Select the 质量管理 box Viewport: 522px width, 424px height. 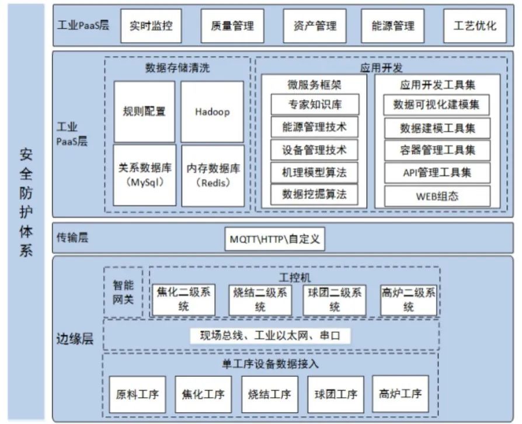coord(232,26)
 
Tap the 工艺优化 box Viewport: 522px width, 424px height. coord(474,26)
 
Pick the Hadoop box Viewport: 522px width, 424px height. coord(212,112)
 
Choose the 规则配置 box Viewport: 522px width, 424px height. coord(144,112)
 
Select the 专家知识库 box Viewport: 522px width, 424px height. coord(314,105)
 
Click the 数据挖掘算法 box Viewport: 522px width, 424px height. coord(314,194)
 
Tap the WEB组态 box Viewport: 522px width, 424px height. coord(437,196)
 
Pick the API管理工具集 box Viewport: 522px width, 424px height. coord(437,173)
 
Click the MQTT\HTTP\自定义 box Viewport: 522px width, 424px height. coord(274,239)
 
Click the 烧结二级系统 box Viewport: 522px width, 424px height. coord(259,300)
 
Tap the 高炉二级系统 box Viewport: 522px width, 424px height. coord(408,300)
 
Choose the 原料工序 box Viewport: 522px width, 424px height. coord(137,394)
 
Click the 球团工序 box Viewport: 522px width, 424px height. coord(336,394)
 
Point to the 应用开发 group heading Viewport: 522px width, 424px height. coord(381,67)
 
